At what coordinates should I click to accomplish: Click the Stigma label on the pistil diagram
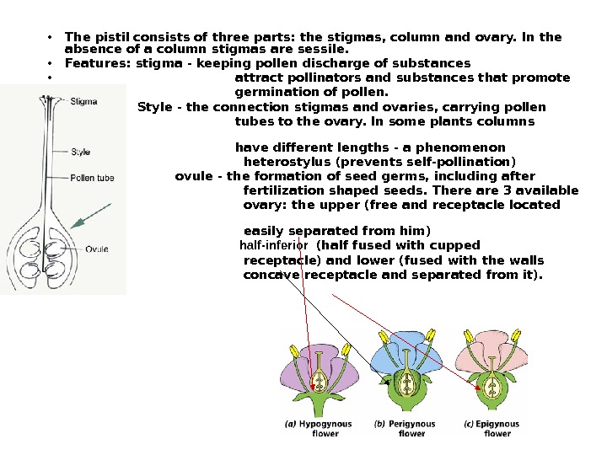pyautogui.click(x=83, y=101)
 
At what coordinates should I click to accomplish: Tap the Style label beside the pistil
pyautogui.click(x=81, y=153)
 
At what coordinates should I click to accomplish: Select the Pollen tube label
pyautogui.click(x=92, y=178)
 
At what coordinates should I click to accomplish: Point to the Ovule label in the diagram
pyautogui.click(x=97, y=249)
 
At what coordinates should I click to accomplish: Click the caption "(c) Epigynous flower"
pyautogui.click(x=496, y=428)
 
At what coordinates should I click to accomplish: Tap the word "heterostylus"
pyautogui.click(x=287, y=162)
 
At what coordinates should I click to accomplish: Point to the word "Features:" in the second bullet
pyautogui.click(x=94, y=63)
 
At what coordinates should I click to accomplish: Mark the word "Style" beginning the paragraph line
pyautogui.click(x=153, y=107)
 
